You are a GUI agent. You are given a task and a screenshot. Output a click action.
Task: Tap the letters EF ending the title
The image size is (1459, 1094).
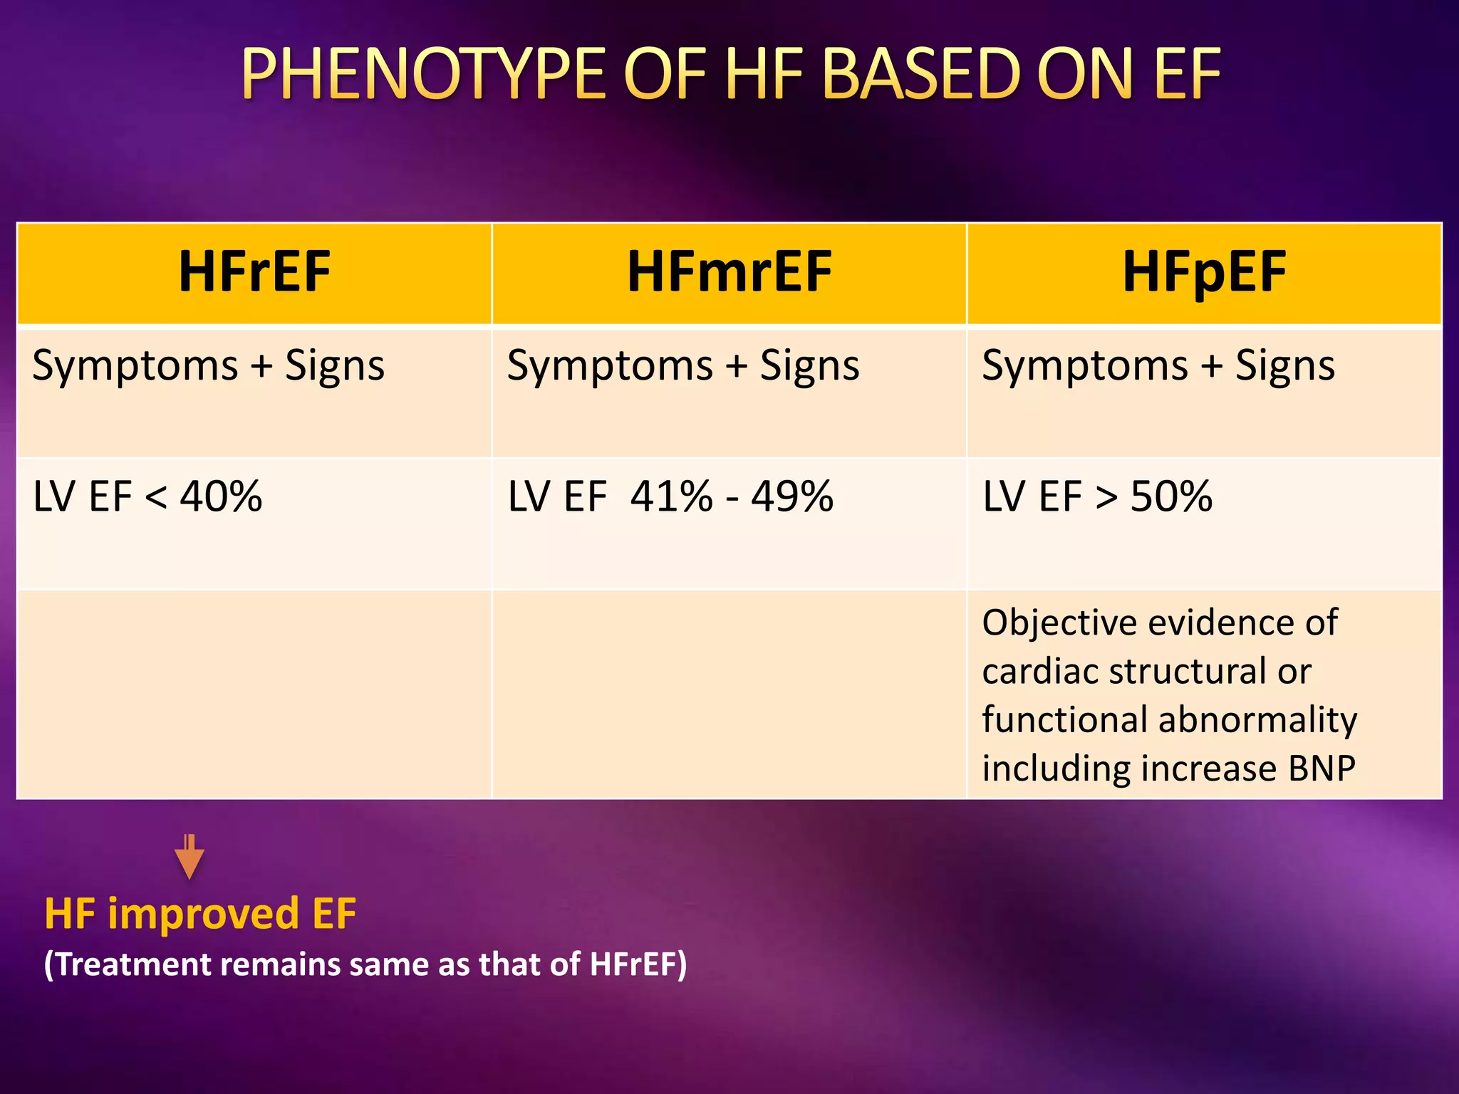(1187, 74)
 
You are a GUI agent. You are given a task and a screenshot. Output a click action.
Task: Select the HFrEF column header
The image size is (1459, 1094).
(254, 272)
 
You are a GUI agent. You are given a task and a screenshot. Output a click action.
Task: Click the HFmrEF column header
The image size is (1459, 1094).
(729, 272)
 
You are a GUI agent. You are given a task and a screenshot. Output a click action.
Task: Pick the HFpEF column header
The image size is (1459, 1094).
(1204, 272)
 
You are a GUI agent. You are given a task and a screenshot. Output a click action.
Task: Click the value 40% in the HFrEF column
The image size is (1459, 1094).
(221, 496)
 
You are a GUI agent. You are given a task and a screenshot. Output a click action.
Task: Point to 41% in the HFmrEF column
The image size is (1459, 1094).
(671, 496)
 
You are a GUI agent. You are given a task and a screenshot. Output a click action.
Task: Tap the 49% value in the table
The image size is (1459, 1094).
(792, 496)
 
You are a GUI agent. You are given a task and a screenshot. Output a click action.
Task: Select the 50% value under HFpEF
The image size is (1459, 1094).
(1171, 496)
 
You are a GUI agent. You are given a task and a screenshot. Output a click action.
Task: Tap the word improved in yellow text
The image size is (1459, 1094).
(203, 914)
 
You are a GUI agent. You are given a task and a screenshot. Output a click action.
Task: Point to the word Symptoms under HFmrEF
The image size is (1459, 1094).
(610, 366)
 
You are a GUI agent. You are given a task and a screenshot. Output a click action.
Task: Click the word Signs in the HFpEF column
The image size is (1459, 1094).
(1284, 366)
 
